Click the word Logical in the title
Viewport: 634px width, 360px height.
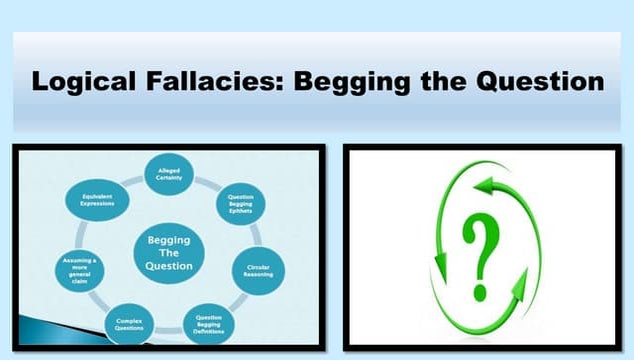click(78, 81)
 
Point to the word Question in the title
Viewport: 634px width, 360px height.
click(541, 81)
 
